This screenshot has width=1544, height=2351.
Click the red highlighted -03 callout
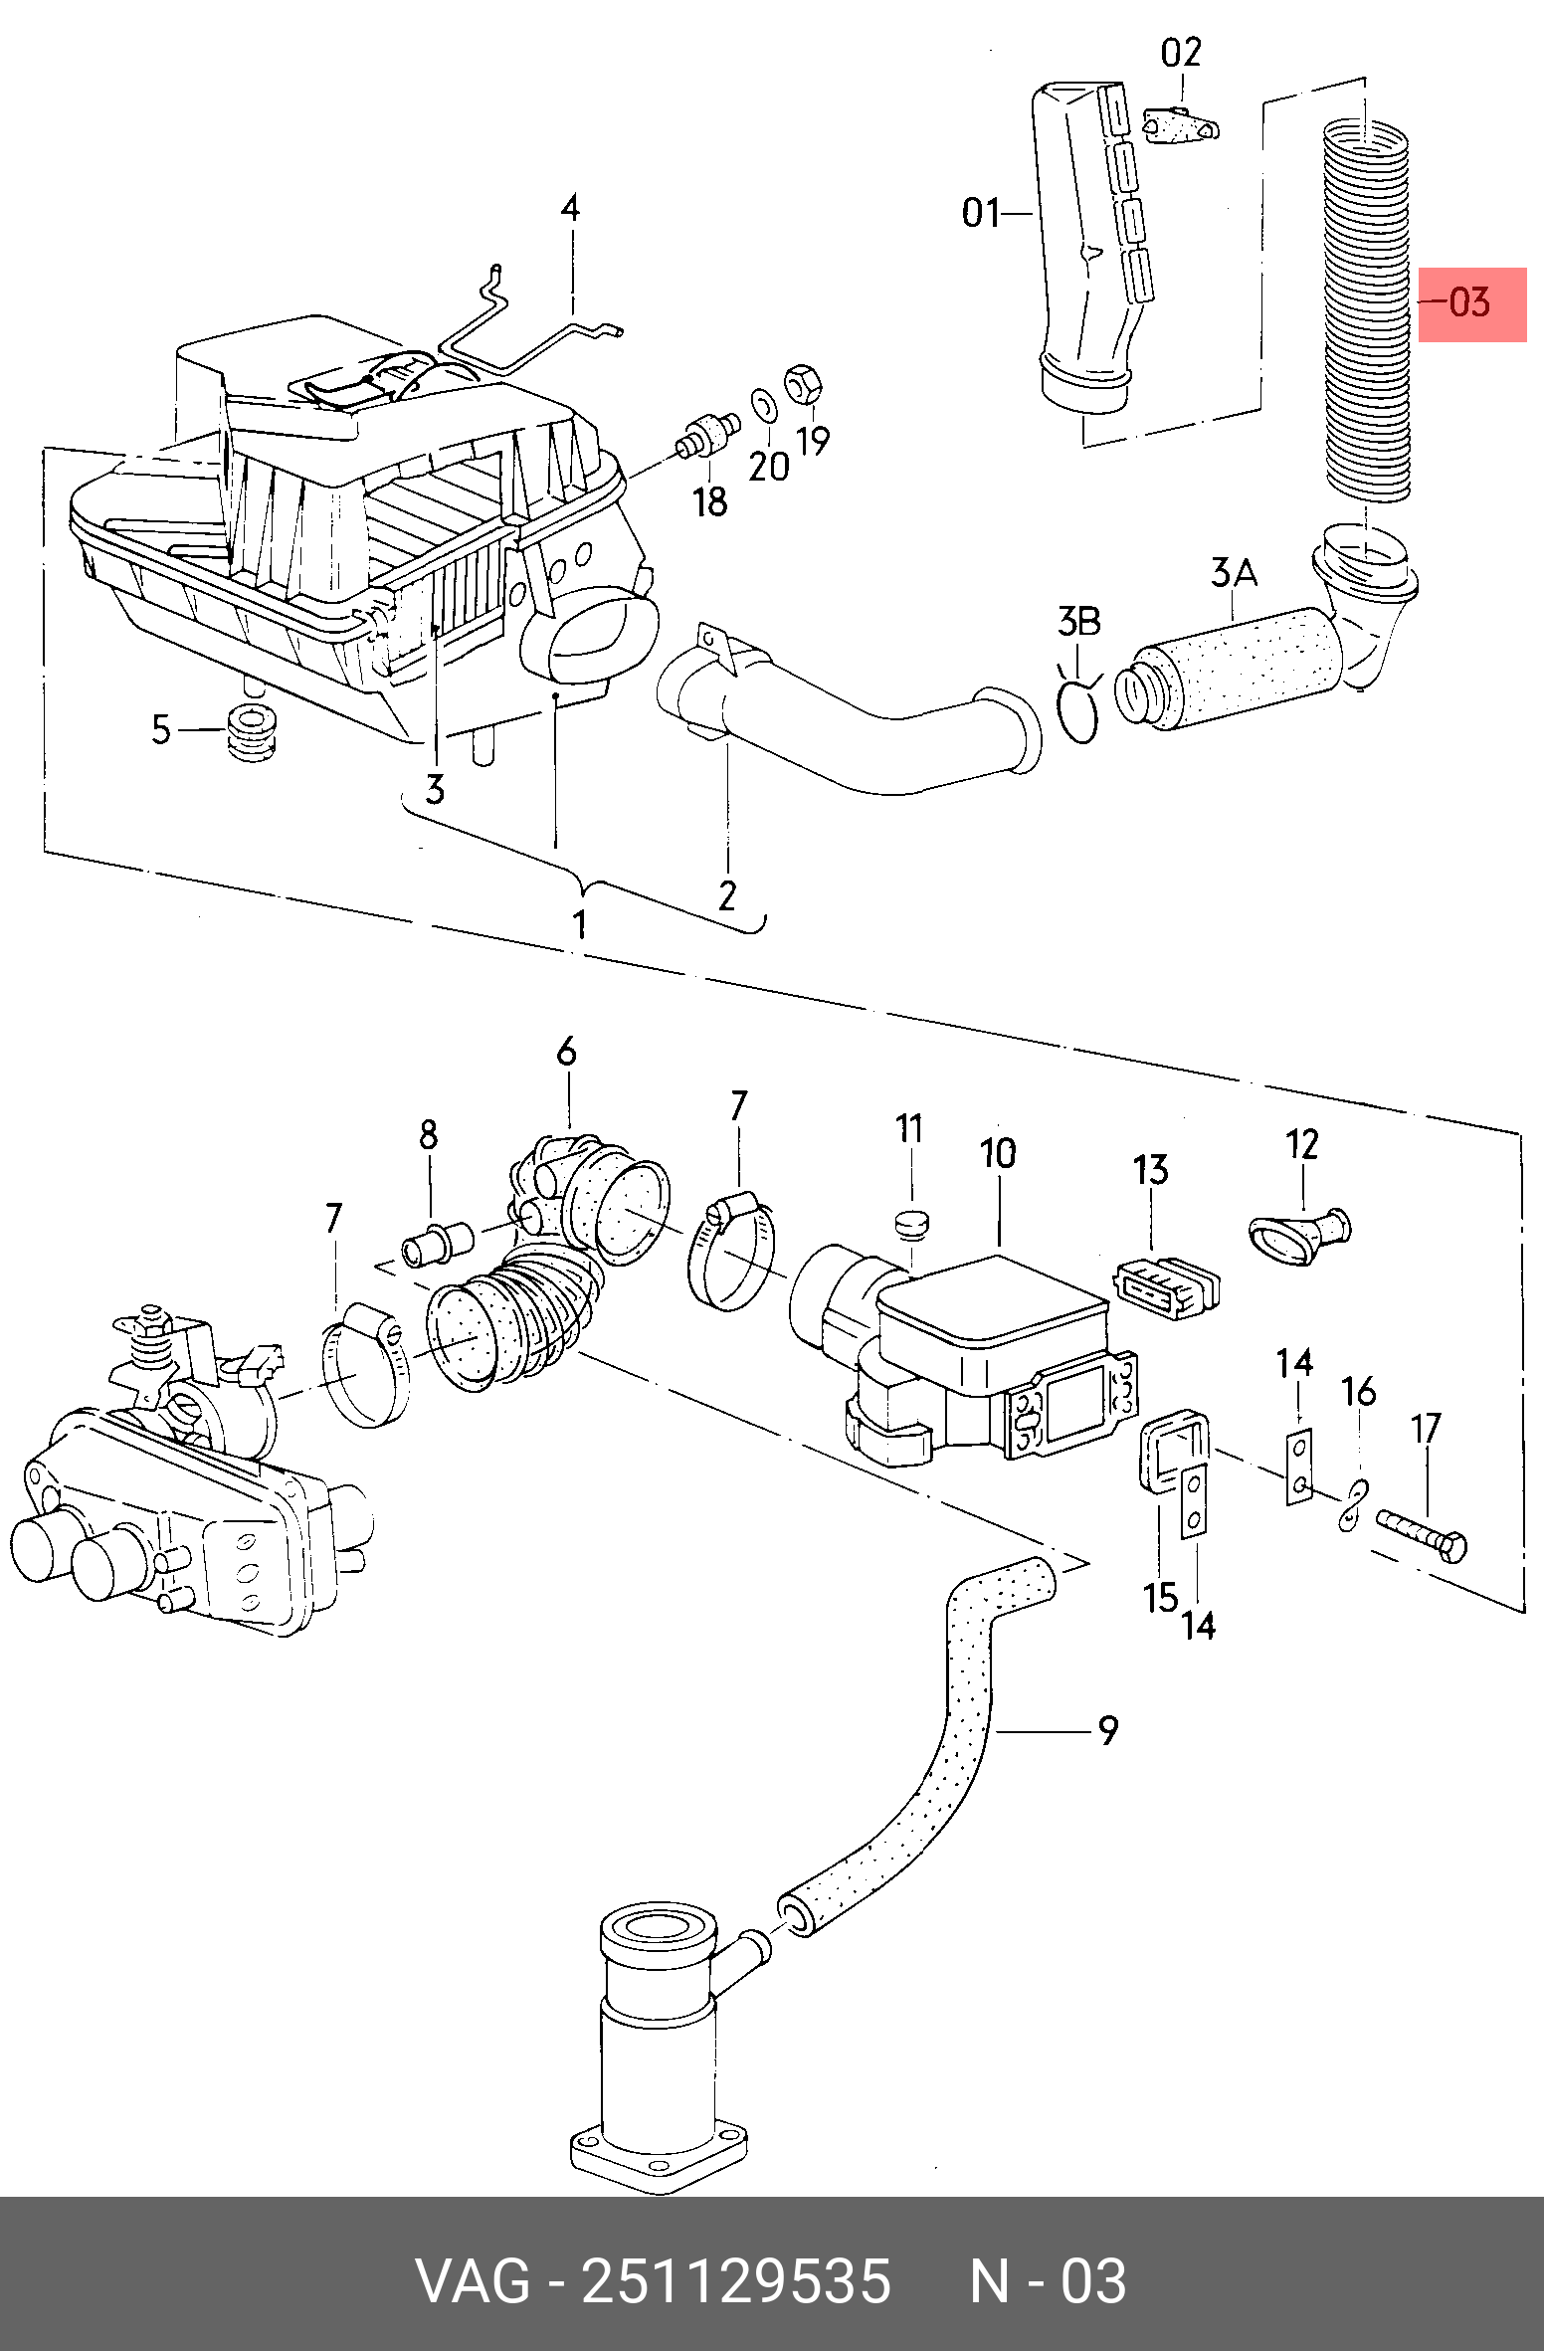click(x=1471, y=303)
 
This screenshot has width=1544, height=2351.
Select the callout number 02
click(x=1181, y=53)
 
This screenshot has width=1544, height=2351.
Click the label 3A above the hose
click(x=1234, y=573)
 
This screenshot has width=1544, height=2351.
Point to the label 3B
click(x=1078, y=622)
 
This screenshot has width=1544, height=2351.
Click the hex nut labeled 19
click(x=802, y=384)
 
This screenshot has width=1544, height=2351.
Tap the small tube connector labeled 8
click(x=438, y=1245)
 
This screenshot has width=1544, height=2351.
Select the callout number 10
click(x=998, y=1153)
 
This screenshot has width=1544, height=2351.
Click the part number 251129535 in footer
click(x=736, y=2281)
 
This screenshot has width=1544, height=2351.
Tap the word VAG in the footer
click(x=473, y=2281)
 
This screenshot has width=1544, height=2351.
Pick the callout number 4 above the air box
click(x=570, y=208)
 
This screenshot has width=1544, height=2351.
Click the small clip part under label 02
click(x=1181, y=126)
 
